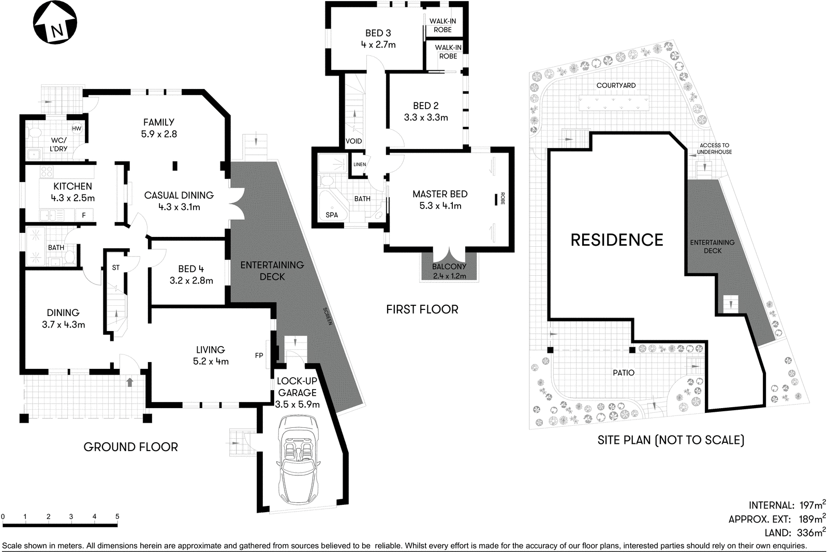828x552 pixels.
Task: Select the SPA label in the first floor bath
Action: (332, 215)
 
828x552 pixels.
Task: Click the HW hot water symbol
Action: (77, 129)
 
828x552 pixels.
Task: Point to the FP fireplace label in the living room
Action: (259, 355)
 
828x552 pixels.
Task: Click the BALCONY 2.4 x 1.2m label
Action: (449, 271)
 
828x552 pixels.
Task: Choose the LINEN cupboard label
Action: (360, 165)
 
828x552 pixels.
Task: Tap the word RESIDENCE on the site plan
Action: (617, 240)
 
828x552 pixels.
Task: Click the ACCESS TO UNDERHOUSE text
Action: (714, 149)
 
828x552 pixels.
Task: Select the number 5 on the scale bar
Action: (117, 516)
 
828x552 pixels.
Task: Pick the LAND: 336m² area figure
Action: (794, 532)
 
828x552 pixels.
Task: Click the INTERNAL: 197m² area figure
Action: (787, 505)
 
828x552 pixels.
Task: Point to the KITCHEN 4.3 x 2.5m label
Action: (72, 192)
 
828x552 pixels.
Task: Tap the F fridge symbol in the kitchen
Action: (84, 215)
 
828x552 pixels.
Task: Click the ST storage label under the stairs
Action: (115, 267)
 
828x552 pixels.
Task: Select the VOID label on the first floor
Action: (354, 141)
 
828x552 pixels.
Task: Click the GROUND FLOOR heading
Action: (130, 447)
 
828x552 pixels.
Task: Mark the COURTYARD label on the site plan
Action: (616, 85)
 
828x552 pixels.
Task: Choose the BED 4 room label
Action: (191, 275)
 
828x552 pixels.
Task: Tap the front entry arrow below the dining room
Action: (129, 382)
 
